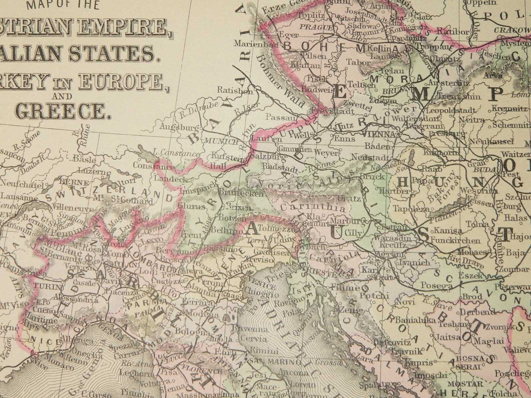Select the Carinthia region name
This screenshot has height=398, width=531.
313,208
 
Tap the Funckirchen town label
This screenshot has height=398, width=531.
455,240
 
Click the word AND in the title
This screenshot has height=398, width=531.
62,97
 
